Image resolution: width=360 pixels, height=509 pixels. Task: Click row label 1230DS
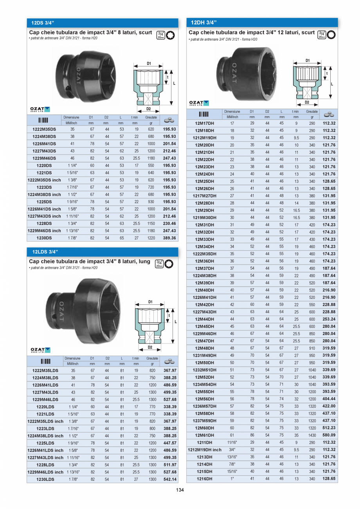coord(44,238)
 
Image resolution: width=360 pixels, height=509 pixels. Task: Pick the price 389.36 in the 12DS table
coord(169,238)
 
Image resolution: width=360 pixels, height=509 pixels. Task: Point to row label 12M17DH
coord(204,123)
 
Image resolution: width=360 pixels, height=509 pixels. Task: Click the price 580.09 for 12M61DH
coord(329,435)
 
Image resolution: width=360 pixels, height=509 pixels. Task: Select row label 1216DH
coord(204,478)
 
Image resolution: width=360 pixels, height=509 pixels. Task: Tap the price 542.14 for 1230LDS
coord(170,479)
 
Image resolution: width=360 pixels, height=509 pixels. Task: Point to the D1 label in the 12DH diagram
coord(308,61)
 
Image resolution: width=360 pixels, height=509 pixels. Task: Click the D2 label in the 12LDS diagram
coord(149,347)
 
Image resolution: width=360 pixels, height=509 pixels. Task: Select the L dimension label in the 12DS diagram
coord(174,83)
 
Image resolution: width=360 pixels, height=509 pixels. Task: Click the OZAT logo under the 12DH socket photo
coord(199,103)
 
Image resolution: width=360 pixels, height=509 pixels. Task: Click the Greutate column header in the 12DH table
coord(312,112)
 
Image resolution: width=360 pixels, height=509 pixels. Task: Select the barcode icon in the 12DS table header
coord(44,120)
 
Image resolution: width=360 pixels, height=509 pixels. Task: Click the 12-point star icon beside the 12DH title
coord(331,34)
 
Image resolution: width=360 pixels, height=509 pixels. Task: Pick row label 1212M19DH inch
coord(204,450)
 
